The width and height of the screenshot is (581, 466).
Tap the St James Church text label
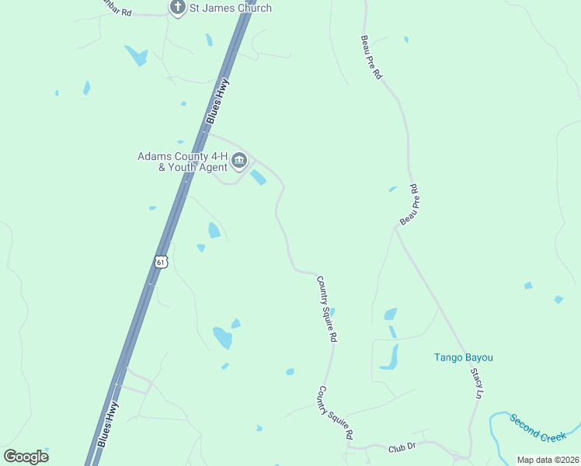pyautogui.click(x=231, y=9)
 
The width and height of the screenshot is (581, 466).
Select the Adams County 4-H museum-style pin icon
pyautogui.click(x=239, y=162)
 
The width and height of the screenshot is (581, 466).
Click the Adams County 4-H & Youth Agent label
pyautogui.click(x=183, y=162)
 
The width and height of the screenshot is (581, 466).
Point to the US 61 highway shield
pyautogui.click(x=160, y=262)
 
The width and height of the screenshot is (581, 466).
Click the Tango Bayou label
pyautogui.click(x=463, y=358)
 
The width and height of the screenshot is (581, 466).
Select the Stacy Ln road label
pyautogui.click(x=475, y=383)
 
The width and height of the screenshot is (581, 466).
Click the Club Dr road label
pyautogui.click(x=402, y=447)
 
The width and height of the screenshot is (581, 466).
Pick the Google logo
pyautogui.click(x=26, y=457)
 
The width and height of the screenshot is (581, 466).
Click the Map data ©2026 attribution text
pyautogui.click(x=548, y=459)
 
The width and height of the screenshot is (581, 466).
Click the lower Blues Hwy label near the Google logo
pyautogui.click(x=110, y=425)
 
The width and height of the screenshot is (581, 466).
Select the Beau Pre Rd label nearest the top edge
pyautogui.click(x=371, y=57)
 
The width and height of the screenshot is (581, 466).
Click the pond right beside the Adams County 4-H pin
pyautogui.click(x=258, y=178)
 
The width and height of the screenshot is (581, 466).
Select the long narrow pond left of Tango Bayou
pyautogui.click(x=390, y=357)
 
